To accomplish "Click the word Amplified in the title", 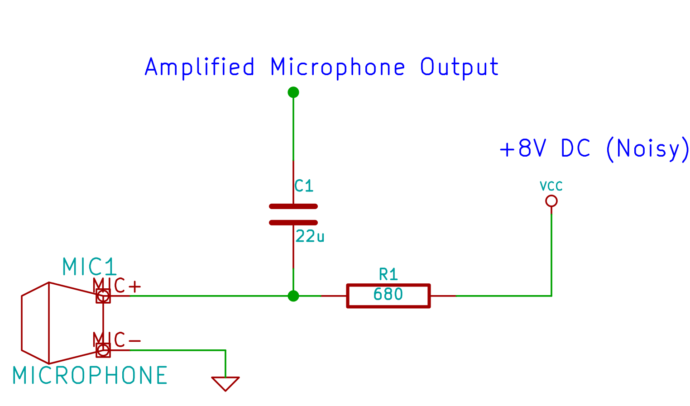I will click(x=200, y=67).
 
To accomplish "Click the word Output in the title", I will click(x=459, y=67).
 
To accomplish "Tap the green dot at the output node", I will click(x=293, y=92).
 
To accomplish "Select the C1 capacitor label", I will click(x=303, y=186).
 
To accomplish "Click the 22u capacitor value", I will click(x=310, y=236).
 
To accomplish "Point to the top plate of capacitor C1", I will click(x=293, y=206).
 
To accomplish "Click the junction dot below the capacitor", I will click(x=293, y=296).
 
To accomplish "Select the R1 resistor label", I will click(x=388, y=274).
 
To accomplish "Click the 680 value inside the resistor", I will click(x=388, y=295).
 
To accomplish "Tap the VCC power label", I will click(x=551, y=186).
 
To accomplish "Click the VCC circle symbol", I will click(x=551, y=201).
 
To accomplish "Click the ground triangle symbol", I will click(x=225, y=383).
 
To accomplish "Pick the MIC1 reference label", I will click(x=89, y=267).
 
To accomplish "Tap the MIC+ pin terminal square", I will click(x=103, y=296).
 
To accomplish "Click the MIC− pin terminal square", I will click(x=103, y=350).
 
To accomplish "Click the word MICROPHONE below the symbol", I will click(x=90, y=376).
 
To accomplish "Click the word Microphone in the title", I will click(x=337, y=67).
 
